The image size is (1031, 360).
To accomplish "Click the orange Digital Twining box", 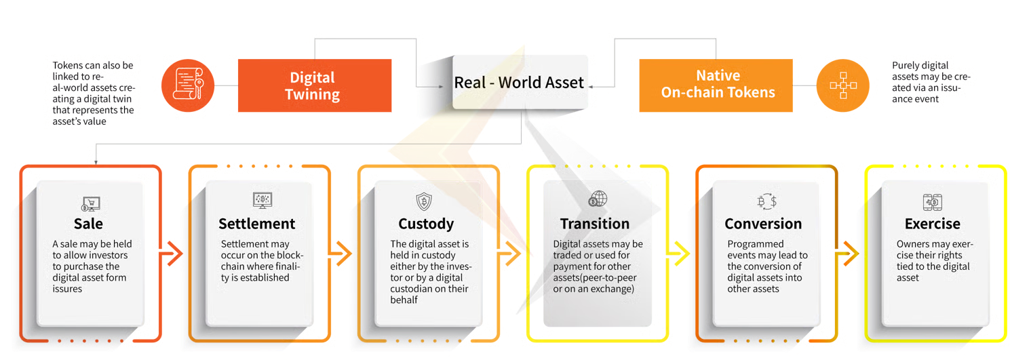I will tap(313, 85).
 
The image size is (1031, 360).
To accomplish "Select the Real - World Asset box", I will tap(520, 83).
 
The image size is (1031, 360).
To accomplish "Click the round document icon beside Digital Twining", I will tap(188, 86).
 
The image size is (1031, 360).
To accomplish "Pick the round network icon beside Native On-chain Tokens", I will tap(842, 85).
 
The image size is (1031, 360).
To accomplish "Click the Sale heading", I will tap(89, 224).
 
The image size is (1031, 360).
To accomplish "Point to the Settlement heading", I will tap(257, 224).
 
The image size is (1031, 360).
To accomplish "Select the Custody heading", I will tap(426, 224).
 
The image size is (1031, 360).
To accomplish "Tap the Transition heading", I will tap(595, 224).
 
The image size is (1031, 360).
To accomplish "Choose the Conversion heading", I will tap(763, 224).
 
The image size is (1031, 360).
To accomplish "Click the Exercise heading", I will tap(933, 224).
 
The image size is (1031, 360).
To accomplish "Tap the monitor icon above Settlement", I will tap(261, 200).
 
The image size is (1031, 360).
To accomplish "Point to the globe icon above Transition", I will tap(598, 199).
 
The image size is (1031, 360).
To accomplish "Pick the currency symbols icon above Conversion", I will tap(766, 201).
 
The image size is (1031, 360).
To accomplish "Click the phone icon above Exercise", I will tap(932, 201).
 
